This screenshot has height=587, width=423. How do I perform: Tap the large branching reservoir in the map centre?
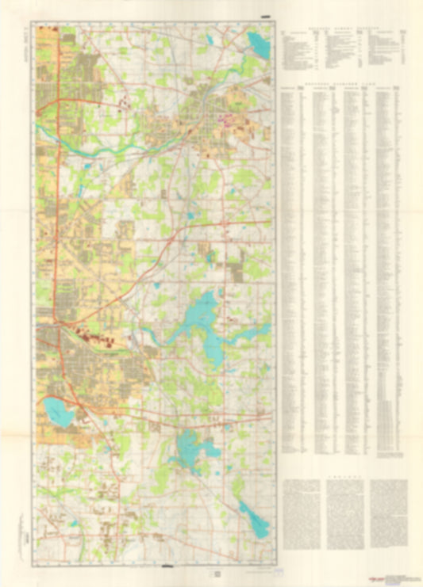click(202, 318)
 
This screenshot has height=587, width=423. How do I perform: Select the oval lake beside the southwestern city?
click(58, 411)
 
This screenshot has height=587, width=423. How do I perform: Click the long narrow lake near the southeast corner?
click(254, 520)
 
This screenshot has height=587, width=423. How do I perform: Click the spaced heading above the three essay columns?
click(343, 476)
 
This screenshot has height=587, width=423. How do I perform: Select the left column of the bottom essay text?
click(300, 515)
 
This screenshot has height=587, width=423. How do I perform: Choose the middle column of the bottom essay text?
click(343, 515)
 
